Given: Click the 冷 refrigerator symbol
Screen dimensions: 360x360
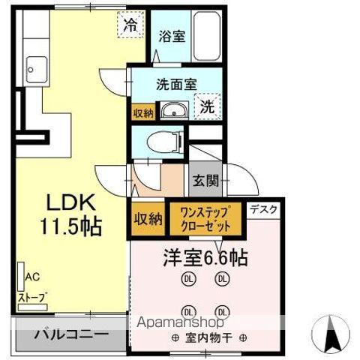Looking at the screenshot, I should coord(130,25).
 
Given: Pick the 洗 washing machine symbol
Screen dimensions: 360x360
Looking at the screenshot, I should coord(206,106).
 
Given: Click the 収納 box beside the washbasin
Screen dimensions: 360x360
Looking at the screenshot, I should coord(143,112).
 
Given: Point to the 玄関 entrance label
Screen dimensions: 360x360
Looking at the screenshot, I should coord(205,180).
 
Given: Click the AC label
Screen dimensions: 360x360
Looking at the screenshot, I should coord(31,276).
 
